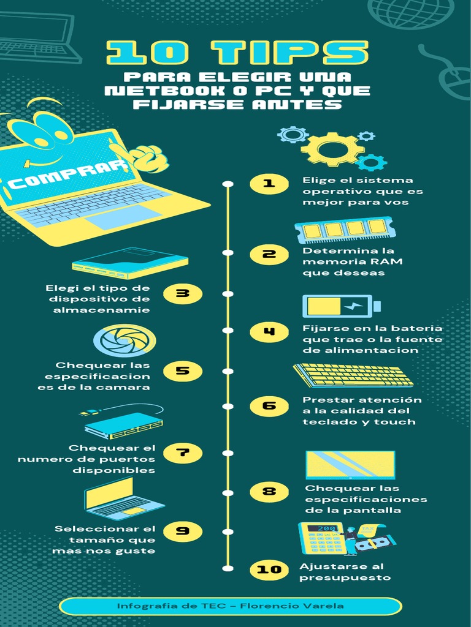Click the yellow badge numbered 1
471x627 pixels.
[269, 184]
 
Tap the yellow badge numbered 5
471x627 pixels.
[183, 371]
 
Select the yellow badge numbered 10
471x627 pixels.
[269, 569]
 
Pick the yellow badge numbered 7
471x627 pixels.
[183, 453]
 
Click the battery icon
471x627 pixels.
[342, 306]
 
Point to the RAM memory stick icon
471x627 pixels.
[345, 230]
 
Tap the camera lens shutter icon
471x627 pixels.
[124, 340]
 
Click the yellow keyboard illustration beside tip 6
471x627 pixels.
[353, 375]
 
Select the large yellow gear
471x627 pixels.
[332, 149]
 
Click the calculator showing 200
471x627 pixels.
[321, 538]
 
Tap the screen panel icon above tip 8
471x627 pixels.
[350, 465]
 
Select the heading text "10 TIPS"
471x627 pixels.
[237, 53]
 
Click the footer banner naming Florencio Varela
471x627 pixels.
[231, 606]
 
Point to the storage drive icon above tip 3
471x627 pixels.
[130, 263]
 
